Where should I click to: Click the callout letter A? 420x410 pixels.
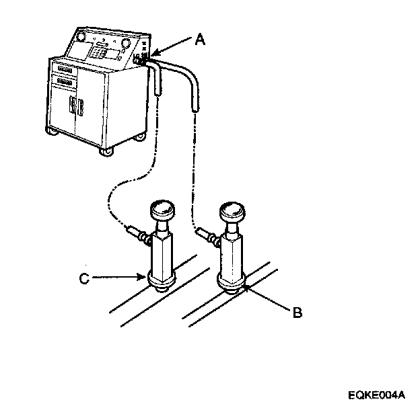point(200,40)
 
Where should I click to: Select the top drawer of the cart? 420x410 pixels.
point(66,68)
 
